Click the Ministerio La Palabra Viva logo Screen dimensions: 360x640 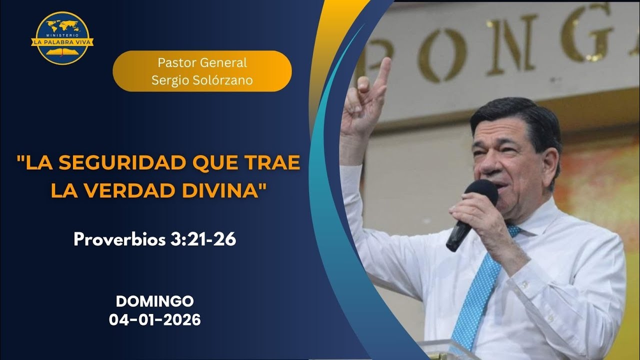click(x=62, y=38)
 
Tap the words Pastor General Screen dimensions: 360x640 click(x=202, y=63)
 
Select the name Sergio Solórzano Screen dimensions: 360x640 click(x=202, y=80)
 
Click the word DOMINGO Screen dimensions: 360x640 click(x=155, y=301)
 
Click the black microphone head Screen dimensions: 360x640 click(x=481, y=192)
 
